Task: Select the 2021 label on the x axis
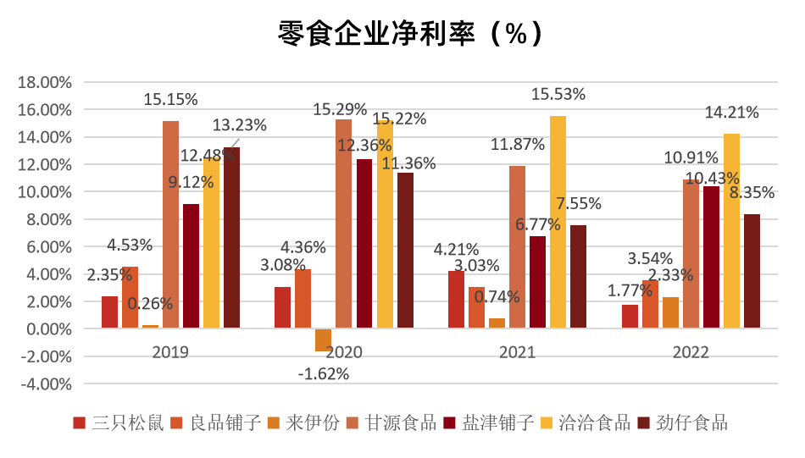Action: click(517, 352)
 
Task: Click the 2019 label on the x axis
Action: click(170, 352)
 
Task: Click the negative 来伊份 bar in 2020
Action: click(323, 339)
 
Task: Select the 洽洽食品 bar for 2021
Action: click(558, 222)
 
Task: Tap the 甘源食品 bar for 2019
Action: click(170, 224)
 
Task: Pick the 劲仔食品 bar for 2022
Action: click(751, 271)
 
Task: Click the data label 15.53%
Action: click(558, 95)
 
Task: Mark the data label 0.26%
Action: click(150, 303)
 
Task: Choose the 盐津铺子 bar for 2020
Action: click(364, 243)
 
